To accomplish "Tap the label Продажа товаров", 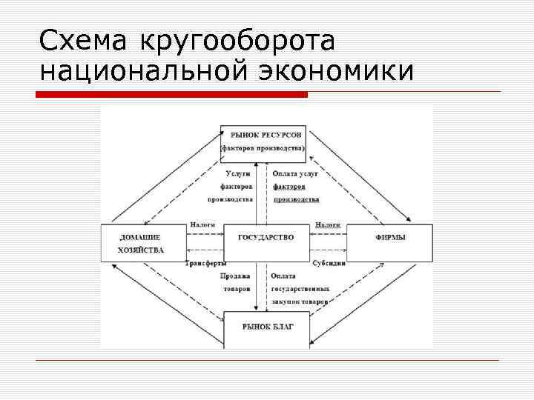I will (235, 282).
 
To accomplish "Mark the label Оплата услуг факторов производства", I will (295, 186).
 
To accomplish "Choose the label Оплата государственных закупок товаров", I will (300, 289).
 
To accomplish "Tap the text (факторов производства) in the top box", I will (263, 149).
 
